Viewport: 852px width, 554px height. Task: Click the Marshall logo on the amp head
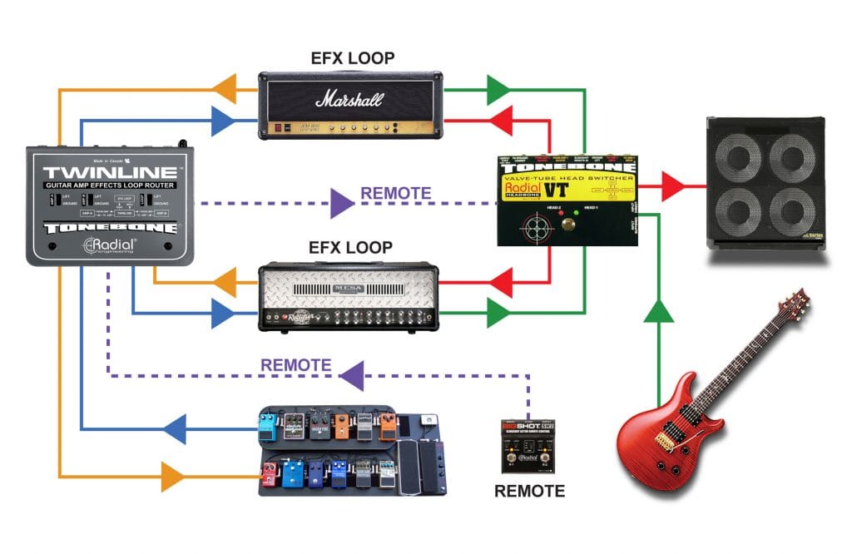tap(349, 100)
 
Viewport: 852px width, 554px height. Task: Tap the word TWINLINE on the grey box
tap(109, 174)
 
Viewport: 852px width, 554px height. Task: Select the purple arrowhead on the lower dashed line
tap(355, 375)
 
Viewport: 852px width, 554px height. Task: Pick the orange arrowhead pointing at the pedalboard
tap(172, 477)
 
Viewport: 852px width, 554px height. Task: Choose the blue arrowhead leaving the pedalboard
tap(174, 430)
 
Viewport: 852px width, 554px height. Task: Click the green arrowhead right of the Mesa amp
tap(498, 314)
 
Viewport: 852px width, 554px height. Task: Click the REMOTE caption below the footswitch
tap(529, 491)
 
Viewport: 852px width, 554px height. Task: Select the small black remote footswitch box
tap(528, 446)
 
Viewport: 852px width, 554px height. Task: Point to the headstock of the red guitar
tap(796, 304)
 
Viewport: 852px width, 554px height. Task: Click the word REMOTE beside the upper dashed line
tap(395, 194)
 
